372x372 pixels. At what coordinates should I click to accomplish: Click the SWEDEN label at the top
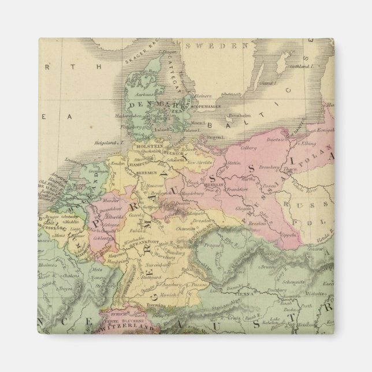tap(216, 46)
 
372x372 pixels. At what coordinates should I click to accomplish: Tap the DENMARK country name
tap(152, 105)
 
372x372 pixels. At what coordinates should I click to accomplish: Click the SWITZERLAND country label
tap(127, 326)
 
